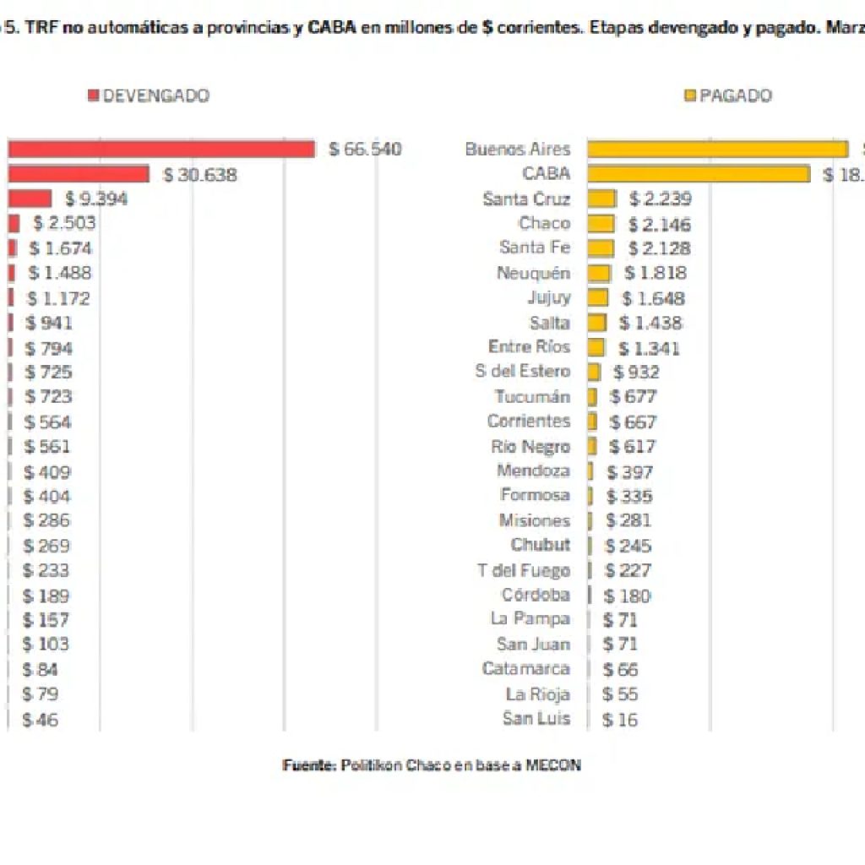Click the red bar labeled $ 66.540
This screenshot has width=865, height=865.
(160, 150)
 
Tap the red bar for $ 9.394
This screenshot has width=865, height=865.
(30, 199)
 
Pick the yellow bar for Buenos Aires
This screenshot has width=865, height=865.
(717, 150)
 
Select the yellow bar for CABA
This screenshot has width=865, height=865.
(699, 174)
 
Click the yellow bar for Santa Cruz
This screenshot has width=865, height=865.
(601, 199)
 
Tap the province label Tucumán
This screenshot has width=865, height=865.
(532, 397)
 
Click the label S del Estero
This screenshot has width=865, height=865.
(522, 372)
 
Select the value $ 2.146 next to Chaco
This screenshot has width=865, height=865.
(659, 225)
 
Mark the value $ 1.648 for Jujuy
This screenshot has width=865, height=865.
(653, 298)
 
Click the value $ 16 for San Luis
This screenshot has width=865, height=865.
(620, 720)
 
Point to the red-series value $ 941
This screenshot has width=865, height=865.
(49, 323)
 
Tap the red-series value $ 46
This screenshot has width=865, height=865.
(41, 721)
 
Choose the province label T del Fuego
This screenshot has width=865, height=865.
(523, 571)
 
